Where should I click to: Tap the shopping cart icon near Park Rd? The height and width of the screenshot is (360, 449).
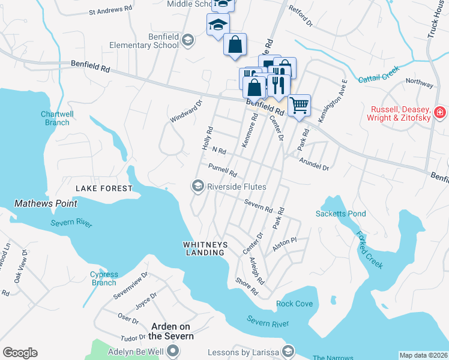click(x=298, y=106)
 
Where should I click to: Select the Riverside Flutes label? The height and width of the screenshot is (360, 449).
click(x=236, y=187)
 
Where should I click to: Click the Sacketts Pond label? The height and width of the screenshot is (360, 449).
click(x=340, y=214)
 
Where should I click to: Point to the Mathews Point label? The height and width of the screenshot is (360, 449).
click(x=46, y=203)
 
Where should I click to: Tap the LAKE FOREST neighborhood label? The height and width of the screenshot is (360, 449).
click(x=104, y=188)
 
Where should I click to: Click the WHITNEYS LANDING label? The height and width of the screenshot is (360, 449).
click(x=204, y=248)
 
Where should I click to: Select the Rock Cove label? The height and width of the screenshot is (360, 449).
click(x=294, y=304)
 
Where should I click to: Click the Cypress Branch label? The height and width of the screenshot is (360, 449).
click(x=104, y=278)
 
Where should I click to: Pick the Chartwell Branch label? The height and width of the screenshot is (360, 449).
click(x=57, y=118)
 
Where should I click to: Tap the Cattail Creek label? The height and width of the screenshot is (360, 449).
click(x=379, y=74)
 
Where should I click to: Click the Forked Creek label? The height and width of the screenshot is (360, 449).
click(x=369, y=250)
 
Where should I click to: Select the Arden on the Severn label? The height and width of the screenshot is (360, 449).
click(x=172, y=331)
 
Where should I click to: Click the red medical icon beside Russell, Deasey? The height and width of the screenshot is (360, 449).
click(x=440, y=112)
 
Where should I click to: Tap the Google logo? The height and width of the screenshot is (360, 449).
click(x=20, y=353)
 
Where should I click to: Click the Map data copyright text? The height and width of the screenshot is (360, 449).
click(x=424, y=355)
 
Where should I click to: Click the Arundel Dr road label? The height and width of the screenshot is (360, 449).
click(x=314, y=164)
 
